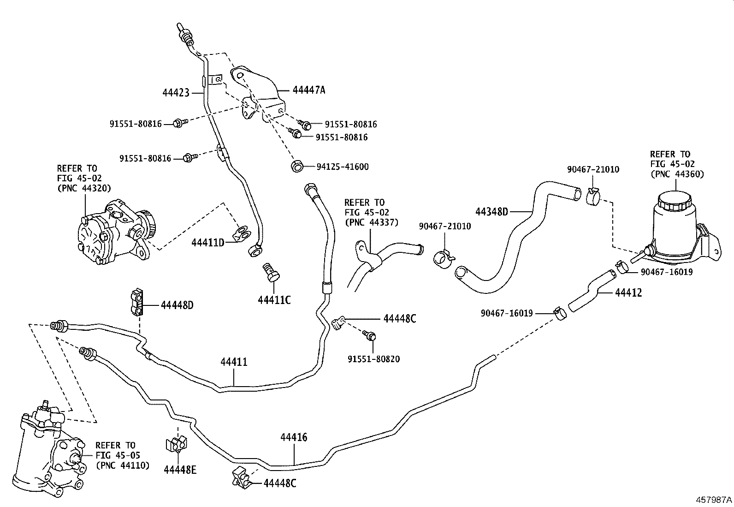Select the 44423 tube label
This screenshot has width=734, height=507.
click(176, 93)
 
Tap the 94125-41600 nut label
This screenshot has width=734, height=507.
click(342, 167)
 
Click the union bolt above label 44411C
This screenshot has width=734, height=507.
click(272, 272)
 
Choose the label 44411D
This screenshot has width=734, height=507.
click(207, 242)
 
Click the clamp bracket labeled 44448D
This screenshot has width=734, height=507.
click(137, 303)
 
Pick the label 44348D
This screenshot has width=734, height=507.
click(491, 212)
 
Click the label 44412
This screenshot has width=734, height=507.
click(628, 292)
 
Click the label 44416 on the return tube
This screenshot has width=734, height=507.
click(294, 436)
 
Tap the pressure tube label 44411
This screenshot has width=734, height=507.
click(234, 362)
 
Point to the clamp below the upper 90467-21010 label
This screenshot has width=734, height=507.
click(593, 197)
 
